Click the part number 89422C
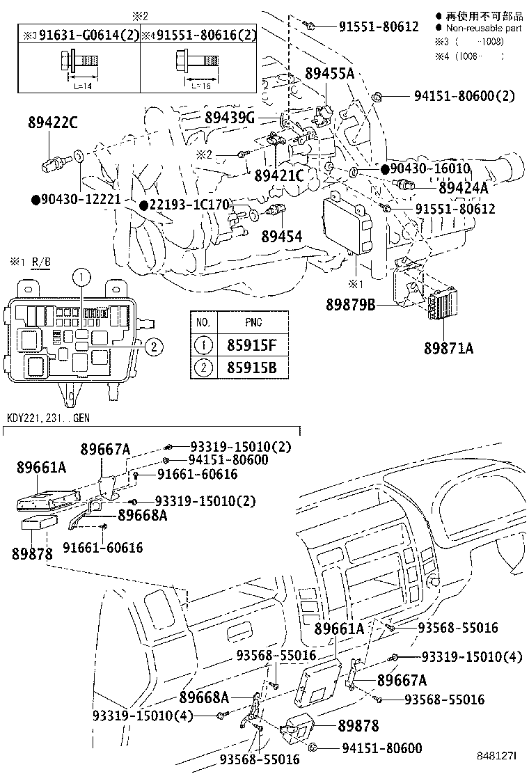click(x=52, y=123)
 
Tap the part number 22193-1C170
click(x=189, y=205)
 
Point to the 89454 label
click(x=281, y=237)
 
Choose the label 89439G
click(x=229, y=117)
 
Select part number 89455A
click(x=329, y=73)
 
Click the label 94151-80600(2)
click(x=464, y=97)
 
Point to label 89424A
click(x=463, y=187)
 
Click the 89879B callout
click(x=350, y=304)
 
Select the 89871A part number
click(x=448, y=348)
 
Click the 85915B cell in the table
click(x=253, y=367)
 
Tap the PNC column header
click(x=253, y=322)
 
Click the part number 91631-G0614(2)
click(x=82, y=35)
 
